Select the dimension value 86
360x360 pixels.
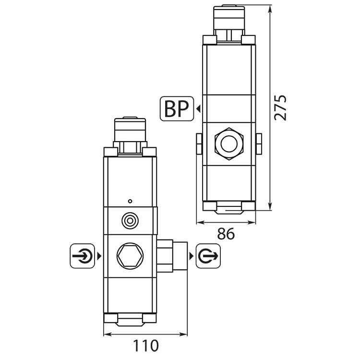click(x=226, y=234)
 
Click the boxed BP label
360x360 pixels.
click(x=176, y=109)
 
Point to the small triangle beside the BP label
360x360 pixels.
click(x=197, y=109)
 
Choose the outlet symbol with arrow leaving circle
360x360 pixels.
click(x=208, y=256)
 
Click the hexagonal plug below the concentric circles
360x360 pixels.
click(x=129, y=256)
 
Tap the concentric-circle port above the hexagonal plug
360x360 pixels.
click(x=129, y=221)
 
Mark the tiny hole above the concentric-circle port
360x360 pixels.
click(x=129, y=200)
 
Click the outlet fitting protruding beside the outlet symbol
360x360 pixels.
click(x=171, y=256)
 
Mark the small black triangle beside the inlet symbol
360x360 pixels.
click(x=99, y=256)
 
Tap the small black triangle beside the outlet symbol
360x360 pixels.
click(x=192, y=256)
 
